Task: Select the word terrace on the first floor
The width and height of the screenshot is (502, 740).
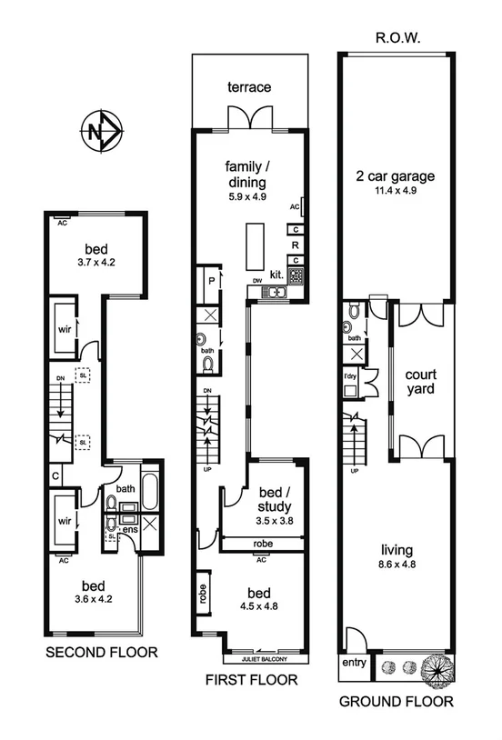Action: [249, 87]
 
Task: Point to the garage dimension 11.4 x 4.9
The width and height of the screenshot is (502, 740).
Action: [396, 192]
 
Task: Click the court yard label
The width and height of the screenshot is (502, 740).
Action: [421, 381]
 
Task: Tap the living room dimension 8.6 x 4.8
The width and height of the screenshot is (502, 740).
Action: [397, 565]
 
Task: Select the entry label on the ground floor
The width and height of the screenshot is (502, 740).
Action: [354, 663]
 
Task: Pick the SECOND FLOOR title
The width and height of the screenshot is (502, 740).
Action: [102, 652]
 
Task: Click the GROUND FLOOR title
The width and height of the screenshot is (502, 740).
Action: [396, 701]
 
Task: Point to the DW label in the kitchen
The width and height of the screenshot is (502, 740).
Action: [257, 281]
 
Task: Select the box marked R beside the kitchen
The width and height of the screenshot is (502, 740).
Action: [296, 245]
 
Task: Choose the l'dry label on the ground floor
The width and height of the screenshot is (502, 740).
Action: [349, 376]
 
